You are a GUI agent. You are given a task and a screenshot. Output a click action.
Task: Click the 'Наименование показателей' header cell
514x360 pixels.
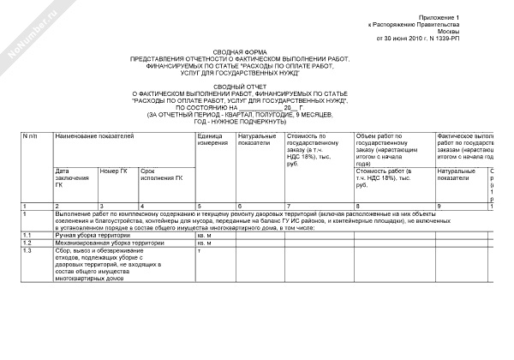[95, 136]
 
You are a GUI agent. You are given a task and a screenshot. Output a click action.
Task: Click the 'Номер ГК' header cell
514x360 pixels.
[115, 171]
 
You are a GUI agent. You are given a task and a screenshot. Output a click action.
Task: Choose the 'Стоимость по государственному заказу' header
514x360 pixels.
[314, 150]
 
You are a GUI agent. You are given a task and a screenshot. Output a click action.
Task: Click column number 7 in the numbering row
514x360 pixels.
[290, 207]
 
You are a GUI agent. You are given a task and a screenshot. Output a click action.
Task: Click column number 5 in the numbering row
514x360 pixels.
[199, 207]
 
